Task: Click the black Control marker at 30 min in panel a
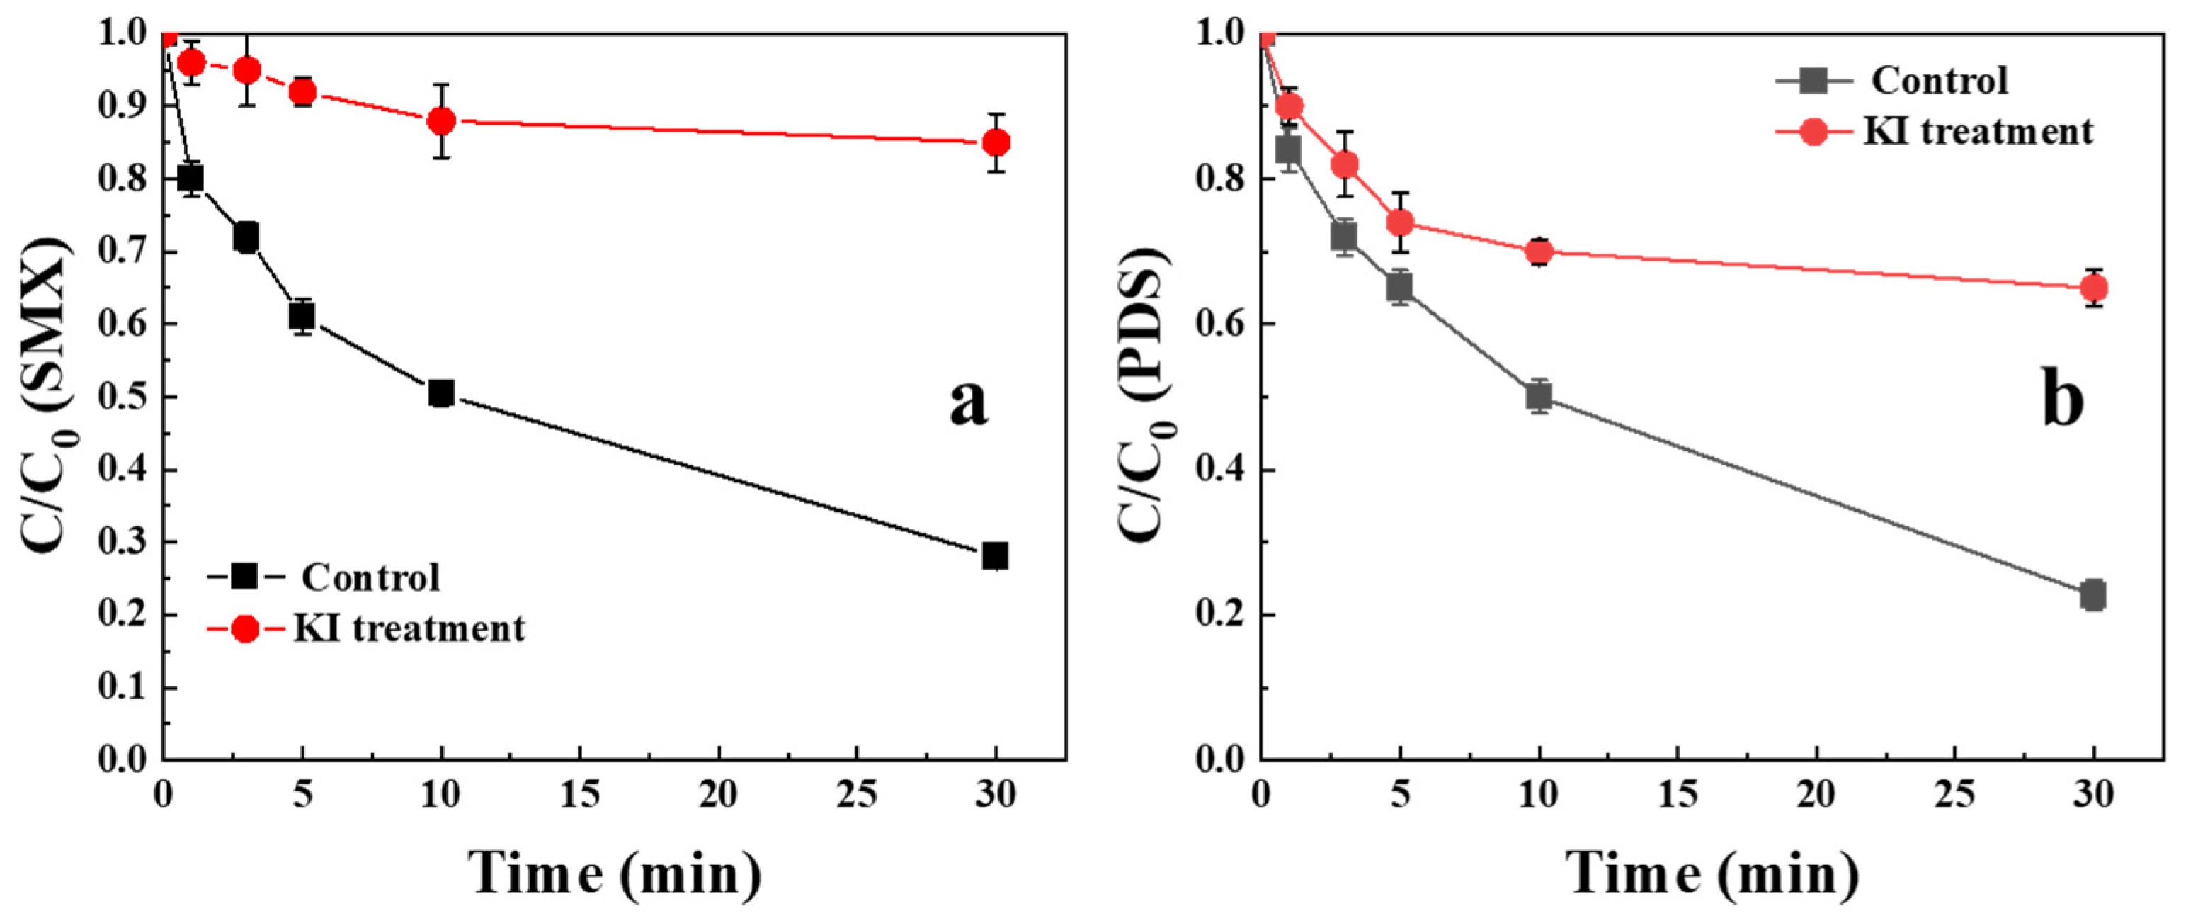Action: point(995,555)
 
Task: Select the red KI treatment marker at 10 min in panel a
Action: point(441,121)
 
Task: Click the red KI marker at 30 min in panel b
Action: point(2093,288)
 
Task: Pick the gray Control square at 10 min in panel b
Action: point(1539,397)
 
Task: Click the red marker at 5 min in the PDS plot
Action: point(1399,222)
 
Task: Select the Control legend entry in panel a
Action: point(370,578)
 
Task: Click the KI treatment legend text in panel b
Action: point(1978,132)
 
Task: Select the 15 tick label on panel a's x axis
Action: point(580,795)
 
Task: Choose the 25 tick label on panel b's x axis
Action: point(1954,795)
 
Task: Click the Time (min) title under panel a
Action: point(615,874)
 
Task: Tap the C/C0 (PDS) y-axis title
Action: point(1144,395)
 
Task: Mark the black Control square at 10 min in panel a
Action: point(440,393)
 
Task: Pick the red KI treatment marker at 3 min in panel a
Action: point(246,70)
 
